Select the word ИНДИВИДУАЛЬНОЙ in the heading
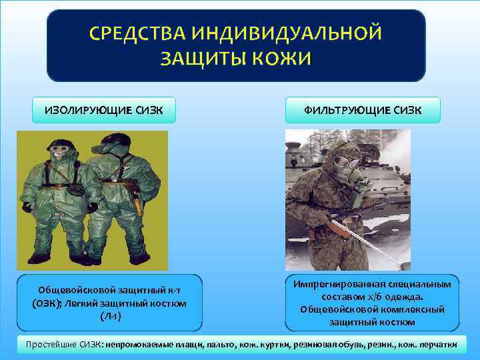(289, 33)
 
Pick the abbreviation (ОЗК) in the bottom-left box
(41, 303)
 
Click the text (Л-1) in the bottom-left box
(109, 315)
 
